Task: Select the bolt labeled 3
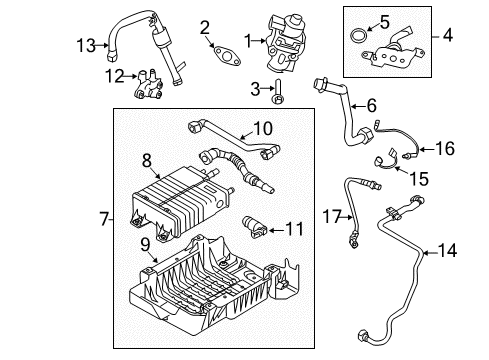coord(277,98)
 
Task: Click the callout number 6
coord(371,104)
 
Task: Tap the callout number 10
coord(262,129)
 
